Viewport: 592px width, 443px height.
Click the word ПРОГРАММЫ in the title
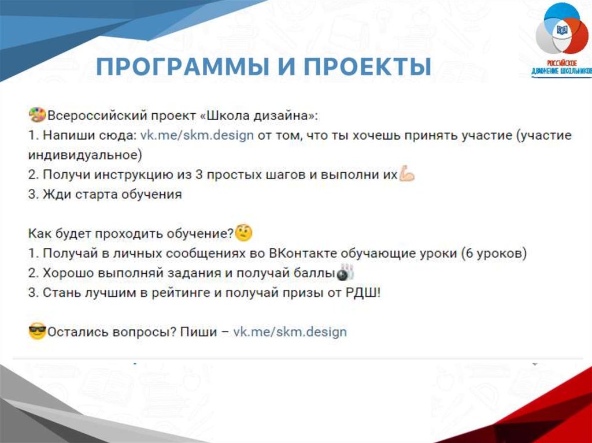[182, 67]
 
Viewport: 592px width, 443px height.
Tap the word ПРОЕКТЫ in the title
[367, 67]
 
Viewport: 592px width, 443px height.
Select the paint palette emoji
[37, 115]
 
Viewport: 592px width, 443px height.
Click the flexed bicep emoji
[406, 174]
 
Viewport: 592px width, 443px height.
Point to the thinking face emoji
[243, 233]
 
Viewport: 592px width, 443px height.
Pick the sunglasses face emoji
[37, 332]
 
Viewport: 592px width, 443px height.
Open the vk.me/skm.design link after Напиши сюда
[197, 135]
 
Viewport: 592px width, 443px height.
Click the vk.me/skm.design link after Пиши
[290, 332]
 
